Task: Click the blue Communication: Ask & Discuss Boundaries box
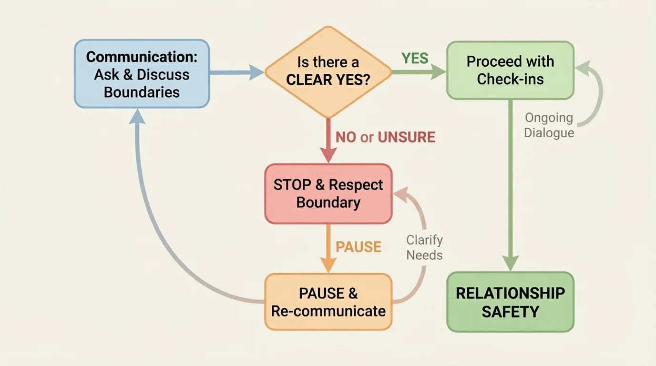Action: (142, 74)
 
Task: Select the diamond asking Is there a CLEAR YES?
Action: (328, 71)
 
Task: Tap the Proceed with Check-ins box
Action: (510, 70)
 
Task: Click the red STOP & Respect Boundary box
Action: (328, 193)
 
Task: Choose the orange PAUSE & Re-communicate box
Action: (328, 302)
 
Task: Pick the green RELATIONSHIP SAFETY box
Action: (510, 302)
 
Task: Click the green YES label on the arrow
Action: (415, 58)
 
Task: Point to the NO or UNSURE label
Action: (385, 137)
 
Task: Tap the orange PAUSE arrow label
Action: (359, 247)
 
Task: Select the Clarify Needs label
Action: (424, 247)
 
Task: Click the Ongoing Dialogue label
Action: (549, 125)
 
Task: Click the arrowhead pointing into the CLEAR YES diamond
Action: (256, 72)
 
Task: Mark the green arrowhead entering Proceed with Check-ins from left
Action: (439, 72)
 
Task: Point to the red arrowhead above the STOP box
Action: (328, 155)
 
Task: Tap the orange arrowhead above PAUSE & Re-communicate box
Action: (328, 264)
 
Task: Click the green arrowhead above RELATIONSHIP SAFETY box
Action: (511, 263)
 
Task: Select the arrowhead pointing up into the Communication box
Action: (138, 115)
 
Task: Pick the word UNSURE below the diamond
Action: (406, 137)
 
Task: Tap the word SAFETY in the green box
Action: (510, 312)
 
